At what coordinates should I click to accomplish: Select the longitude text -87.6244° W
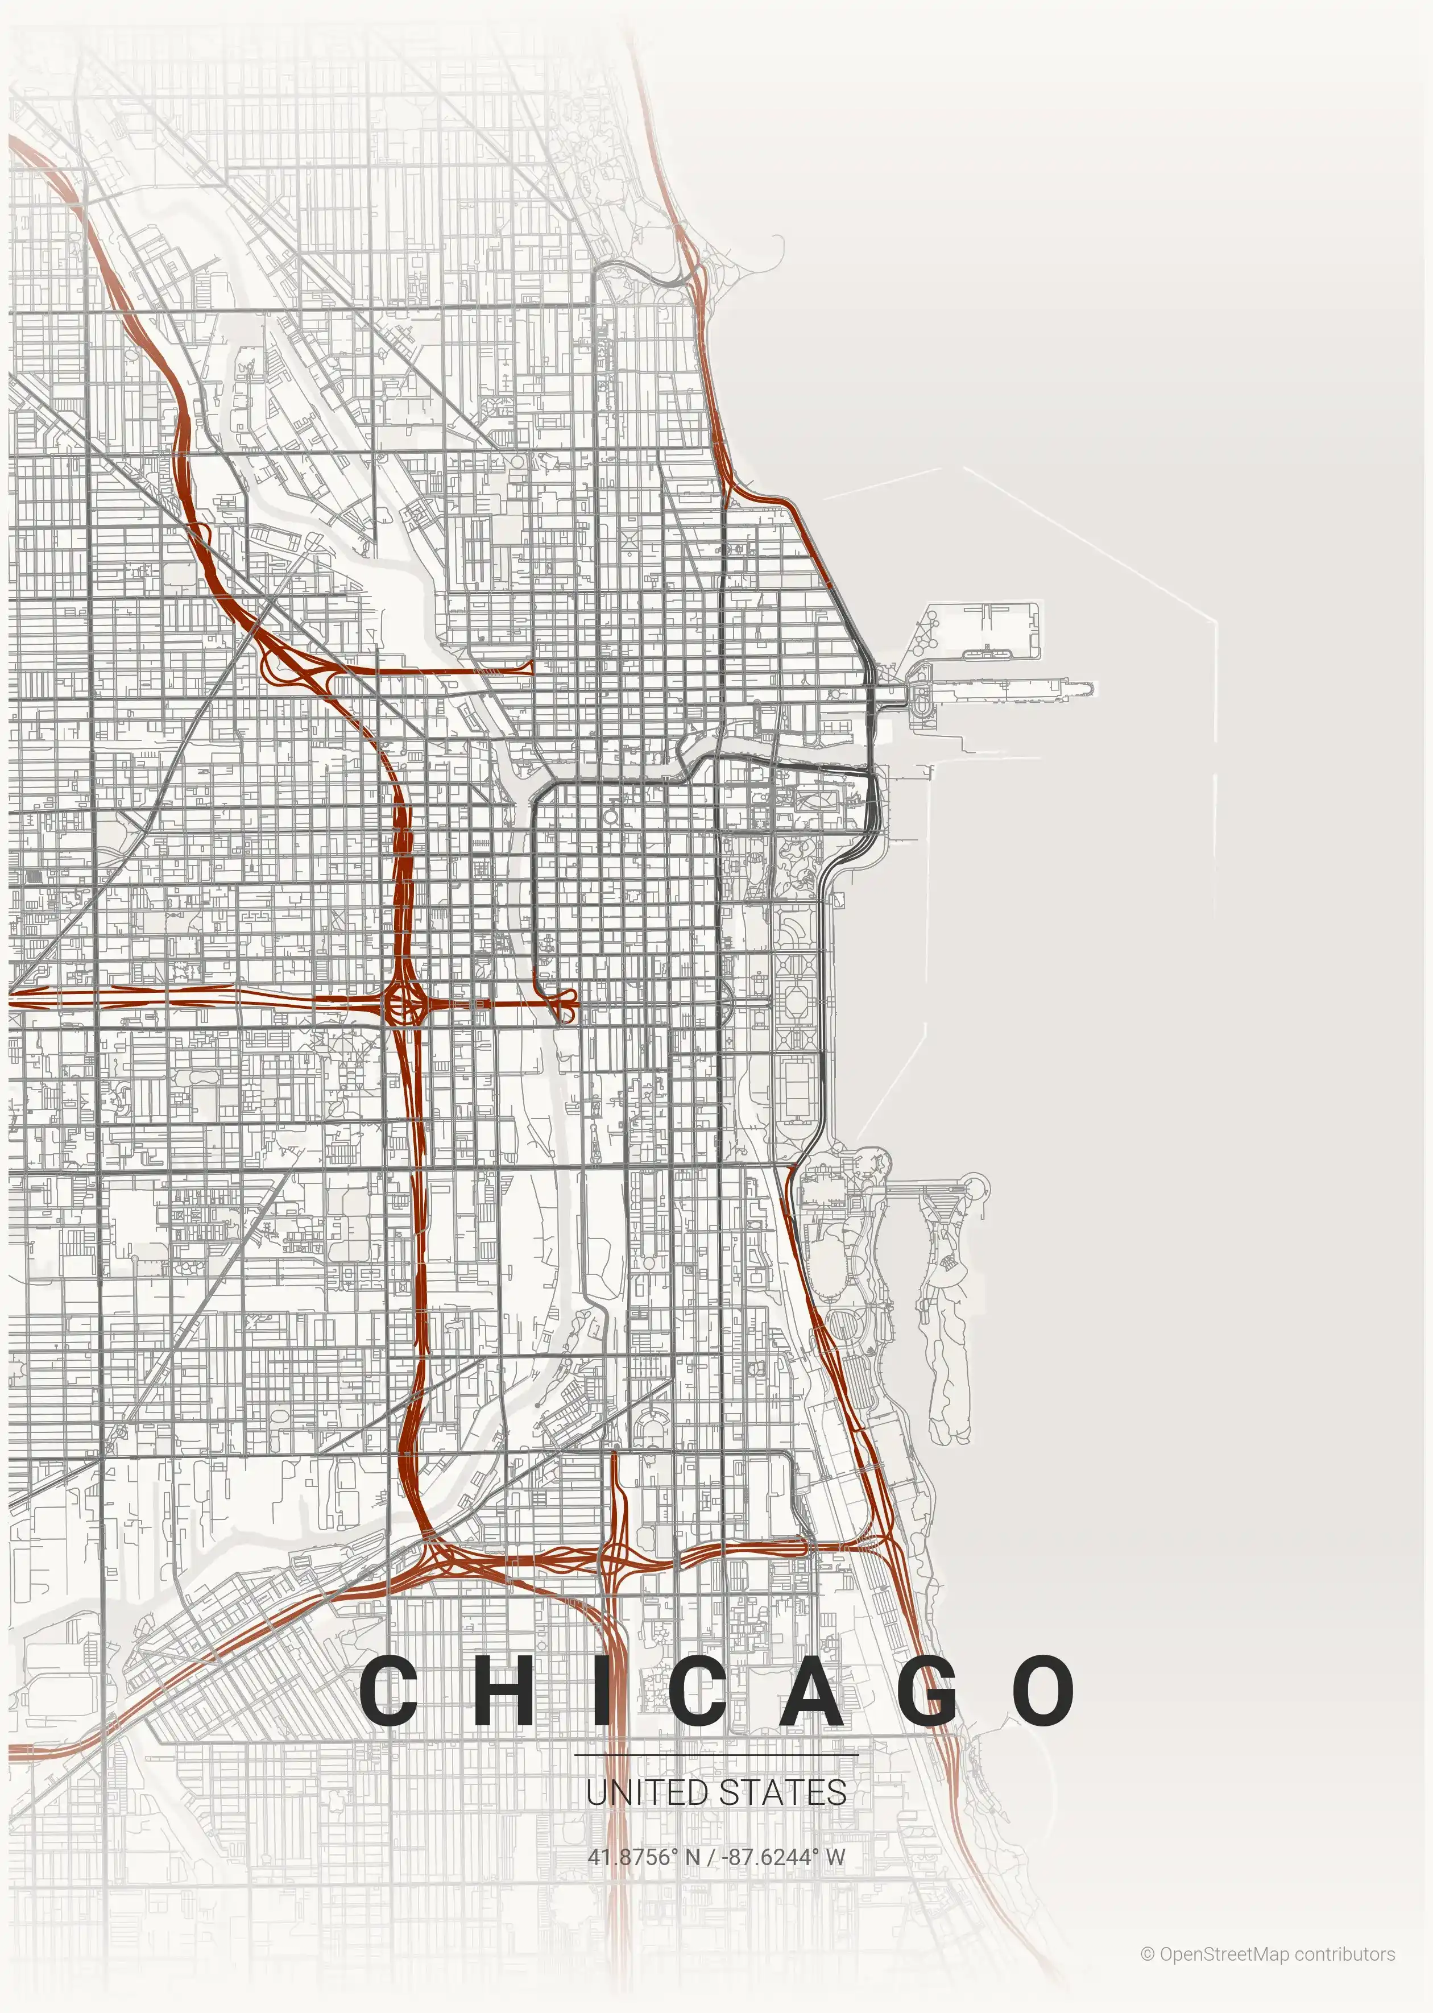tap(784, 1857)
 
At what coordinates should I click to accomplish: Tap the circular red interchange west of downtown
tap(405, 1003)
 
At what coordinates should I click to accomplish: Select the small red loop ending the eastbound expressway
tap(566, 1003)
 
